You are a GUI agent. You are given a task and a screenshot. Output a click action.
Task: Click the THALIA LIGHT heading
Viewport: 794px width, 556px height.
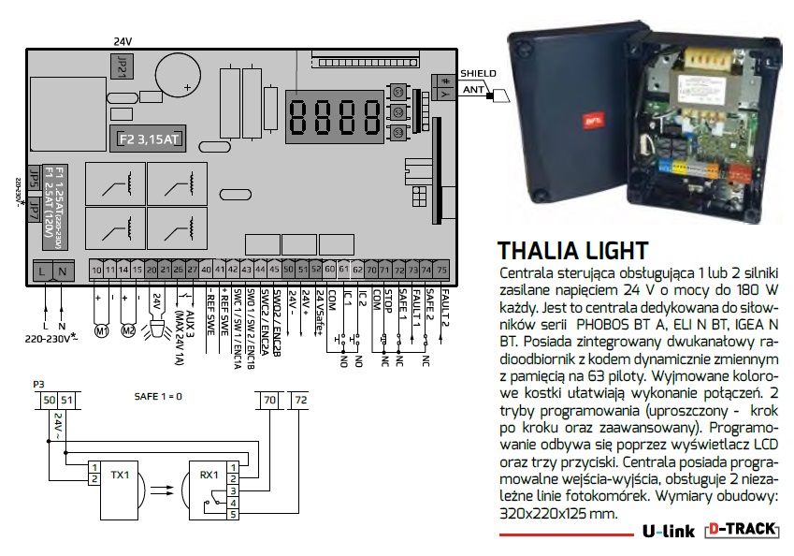(573, 251)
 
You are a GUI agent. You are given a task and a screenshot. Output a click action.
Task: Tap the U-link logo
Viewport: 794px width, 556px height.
(668, 531)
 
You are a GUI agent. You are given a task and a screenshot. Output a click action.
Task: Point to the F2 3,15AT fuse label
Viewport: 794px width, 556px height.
(148, 139)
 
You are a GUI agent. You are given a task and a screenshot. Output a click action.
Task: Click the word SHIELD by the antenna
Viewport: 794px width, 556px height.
(479, 72)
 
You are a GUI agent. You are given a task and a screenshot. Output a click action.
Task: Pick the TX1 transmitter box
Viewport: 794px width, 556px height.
(120, 475)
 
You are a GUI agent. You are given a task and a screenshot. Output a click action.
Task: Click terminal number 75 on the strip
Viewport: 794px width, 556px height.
(441, 270)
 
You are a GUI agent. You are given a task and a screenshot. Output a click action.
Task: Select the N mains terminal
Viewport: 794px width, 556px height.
(62, 271)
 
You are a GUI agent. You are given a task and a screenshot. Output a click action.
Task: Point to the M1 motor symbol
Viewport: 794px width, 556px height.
(103, 331)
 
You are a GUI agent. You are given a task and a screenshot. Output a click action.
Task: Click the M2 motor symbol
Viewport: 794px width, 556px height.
(130, 331)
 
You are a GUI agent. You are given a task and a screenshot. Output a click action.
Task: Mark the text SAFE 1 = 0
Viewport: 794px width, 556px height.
(152, 397)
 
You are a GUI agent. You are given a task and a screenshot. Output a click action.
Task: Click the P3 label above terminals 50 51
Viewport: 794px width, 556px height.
(37, 385)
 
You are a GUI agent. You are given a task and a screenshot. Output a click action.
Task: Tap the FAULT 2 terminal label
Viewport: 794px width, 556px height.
(443, 304)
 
